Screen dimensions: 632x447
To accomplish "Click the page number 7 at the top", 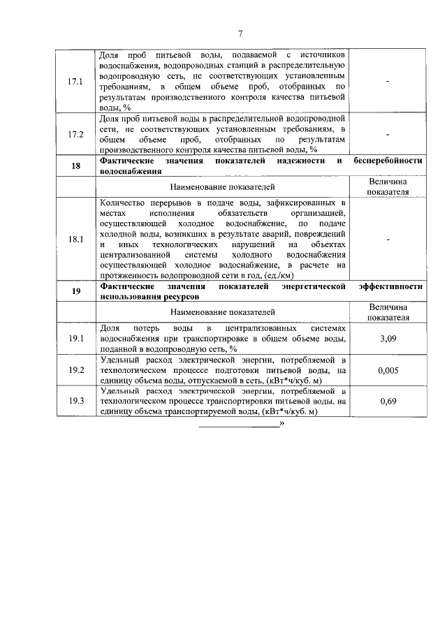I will (x=240, y=33).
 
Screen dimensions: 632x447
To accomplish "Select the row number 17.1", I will (x=75, y=82).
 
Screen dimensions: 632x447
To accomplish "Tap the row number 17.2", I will (x=75, y=134).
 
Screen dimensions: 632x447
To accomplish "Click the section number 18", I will (x=75, y=165).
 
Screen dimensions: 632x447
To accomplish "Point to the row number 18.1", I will (x=75, y=239).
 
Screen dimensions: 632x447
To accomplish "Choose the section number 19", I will (x=75, y=291).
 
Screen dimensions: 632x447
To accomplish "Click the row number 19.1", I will (x=75, y=339).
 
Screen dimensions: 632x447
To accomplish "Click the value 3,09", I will (x=388, y=339).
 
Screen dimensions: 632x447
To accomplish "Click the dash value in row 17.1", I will (x=388, y=82).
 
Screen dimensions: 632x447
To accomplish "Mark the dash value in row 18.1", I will (x=388, y=240).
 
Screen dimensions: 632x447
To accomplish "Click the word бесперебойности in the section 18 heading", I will (x=388, y=160).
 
